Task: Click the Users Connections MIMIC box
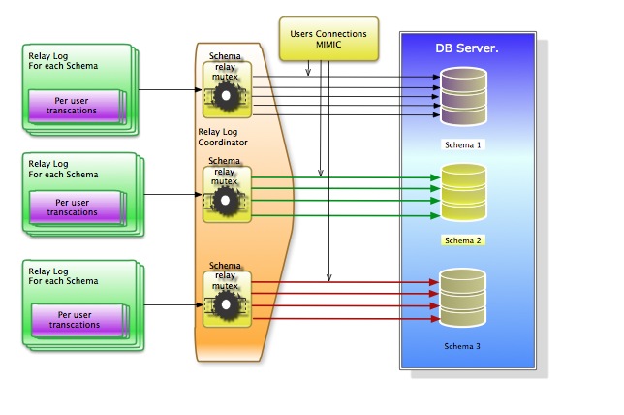pos(328,40)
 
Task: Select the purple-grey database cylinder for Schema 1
pos(461,94)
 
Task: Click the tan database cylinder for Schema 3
pos(461,298)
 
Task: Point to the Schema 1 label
pos(462,144)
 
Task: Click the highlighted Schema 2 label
pos(462,239)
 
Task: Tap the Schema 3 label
pos(462,346)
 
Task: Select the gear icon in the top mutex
pos(227,95)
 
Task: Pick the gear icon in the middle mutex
pos(227,199)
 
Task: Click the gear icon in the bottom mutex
pos(227,303)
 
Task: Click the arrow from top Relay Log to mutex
pos(168,92)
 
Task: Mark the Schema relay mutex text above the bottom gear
pos(225,276)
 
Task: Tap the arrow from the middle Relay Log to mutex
pos(168,194)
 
